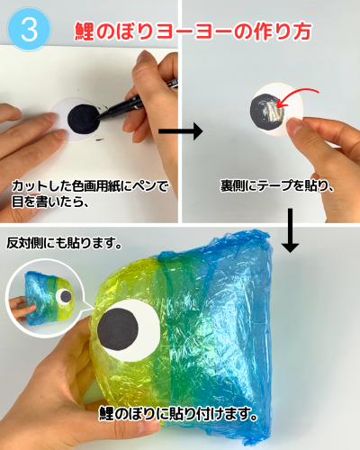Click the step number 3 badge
pos(30,29)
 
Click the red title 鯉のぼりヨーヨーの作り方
pos(193,31)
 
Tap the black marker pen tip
pos(98,118)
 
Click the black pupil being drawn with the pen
pos(84,120)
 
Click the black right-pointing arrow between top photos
pos(180,131)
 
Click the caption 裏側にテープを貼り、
pos(277,185)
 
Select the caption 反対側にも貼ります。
pos(64,243)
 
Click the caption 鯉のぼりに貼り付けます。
pos(178,414)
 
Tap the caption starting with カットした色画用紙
pos(90,193)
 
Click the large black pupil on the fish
pos(118,329)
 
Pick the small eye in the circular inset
pos(64,297)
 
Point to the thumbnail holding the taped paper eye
pos(294,127)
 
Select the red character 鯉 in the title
pos(85,31)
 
